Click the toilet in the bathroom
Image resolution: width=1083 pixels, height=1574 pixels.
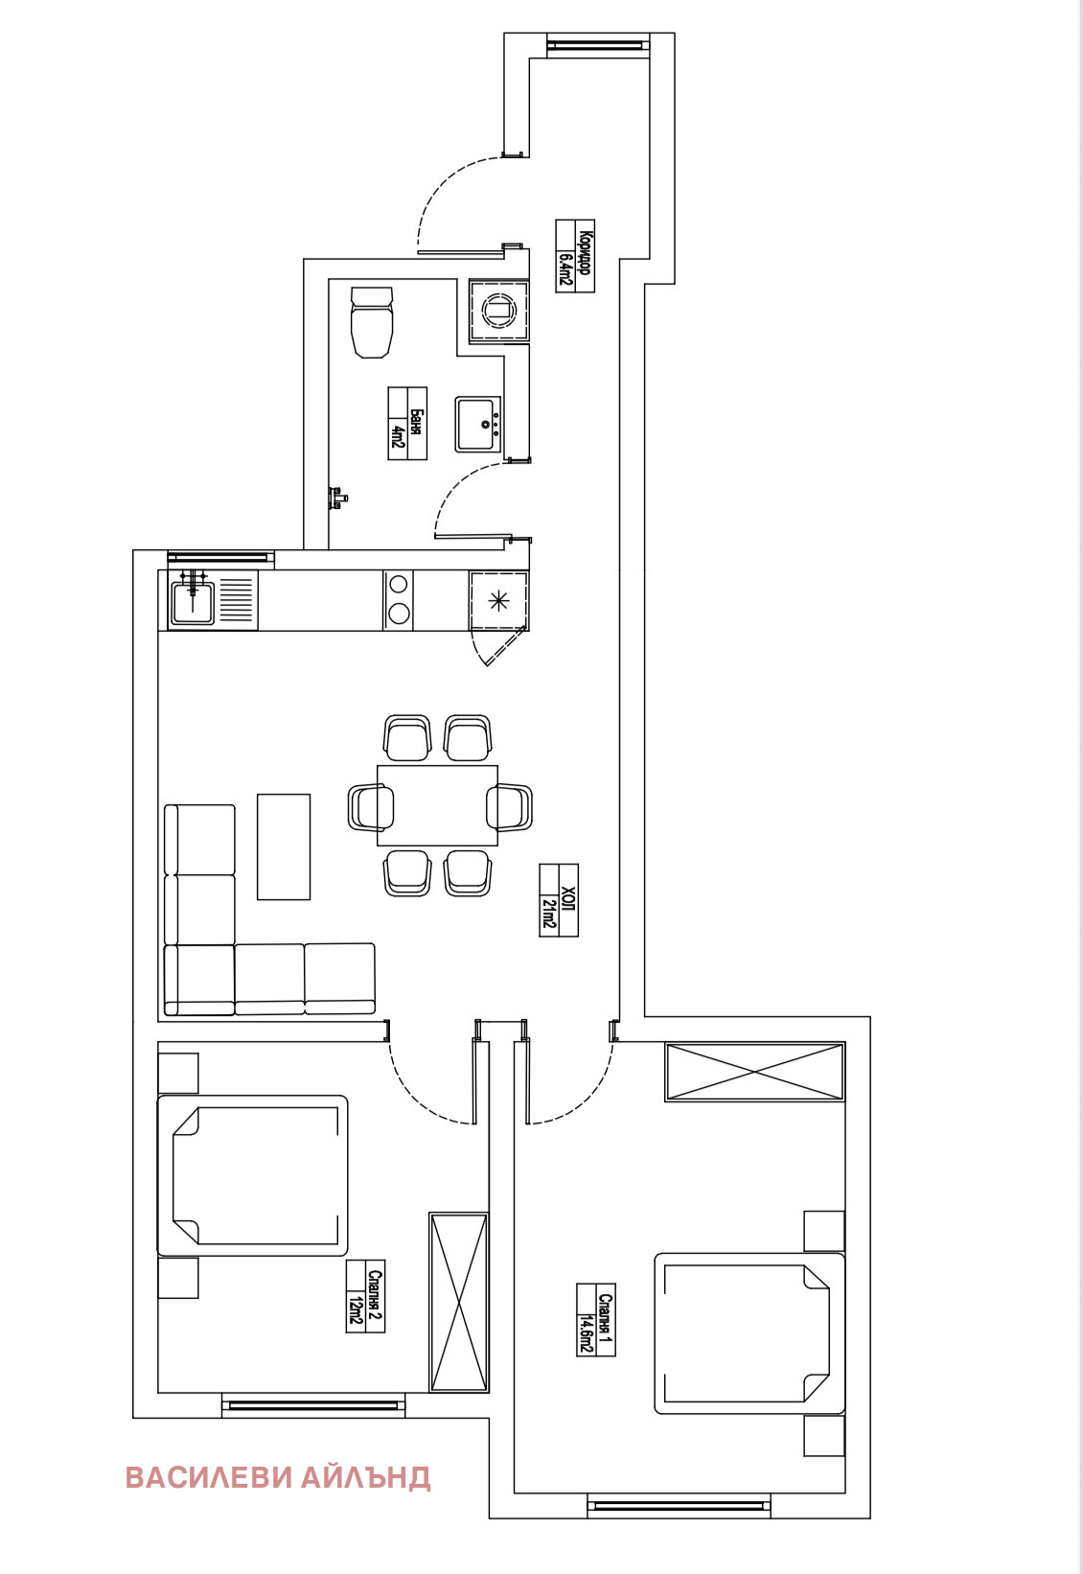tap(372, 322)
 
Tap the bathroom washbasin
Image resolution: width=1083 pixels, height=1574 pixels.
tap(478, 425)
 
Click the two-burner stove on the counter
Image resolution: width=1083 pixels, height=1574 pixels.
tap(399, 599)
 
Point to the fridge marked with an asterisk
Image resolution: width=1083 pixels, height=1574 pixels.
tap(498, 601)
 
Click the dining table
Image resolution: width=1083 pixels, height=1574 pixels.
tap(437, 805)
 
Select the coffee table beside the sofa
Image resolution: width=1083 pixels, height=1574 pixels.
tap(284, 846)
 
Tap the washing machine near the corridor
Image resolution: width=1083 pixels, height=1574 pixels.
tap(498, 310)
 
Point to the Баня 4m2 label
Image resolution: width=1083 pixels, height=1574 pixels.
tap(407, 424)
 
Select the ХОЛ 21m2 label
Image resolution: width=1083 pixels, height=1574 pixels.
tap(559, 900)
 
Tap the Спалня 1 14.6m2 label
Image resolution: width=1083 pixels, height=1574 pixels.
tap(595, 1320)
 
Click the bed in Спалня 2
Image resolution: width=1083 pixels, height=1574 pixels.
tap(253, 1176)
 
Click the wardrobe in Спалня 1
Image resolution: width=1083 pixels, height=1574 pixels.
tap(755, 1072)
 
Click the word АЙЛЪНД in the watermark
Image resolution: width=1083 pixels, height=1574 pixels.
tap(366, 1477)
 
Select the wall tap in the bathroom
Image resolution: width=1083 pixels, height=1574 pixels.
tap(338, 497)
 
